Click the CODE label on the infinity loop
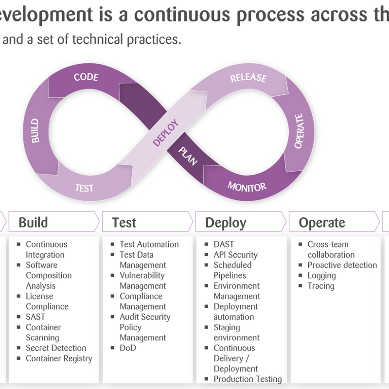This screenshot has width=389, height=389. (86, 77)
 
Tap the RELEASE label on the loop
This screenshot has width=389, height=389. (248, 78)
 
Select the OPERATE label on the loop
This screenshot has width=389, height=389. (299, 131)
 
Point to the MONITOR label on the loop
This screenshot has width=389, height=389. (247, 187)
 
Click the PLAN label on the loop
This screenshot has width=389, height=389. (188, 156)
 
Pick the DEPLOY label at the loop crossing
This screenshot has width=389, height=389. (165, 133)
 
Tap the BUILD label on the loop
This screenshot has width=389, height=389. (35, 131)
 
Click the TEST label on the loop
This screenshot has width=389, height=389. (84, 188)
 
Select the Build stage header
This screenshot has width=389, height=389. (33, 222)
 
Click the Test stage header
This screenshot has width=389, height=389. (124, 222)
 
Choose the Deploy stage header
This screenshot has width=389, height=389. (226, 223)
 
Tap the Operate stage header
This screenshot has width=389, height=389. (322, 223)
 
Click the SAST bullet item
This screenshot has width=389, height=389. (35, 317)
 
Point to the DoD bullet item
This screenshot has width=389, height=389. (128, 348)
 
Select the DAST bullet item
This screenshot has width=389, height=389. (224, 245)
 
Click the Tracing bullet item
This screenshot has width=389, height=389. (321, 286)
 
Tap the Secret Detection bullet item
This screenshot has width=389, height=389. (56, 348)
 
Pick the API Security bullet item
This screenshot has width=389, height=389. (235, 255)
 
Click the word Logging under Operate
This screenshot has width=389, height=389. (322, 276)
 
